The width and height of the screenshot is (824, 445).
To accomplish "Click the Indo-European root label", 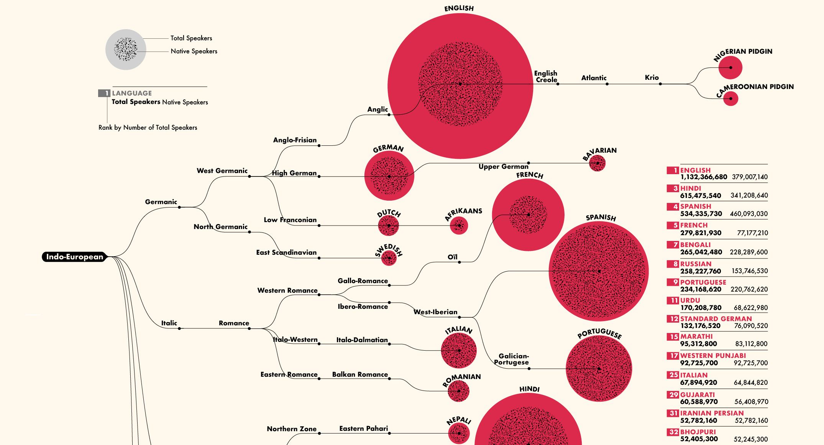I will coord(75,257).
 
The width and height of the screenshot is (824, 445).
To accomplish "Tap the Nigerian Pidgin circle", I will coord(730,68).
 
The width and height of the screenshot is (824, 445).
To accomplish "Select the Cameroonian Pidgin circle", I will coord(730,99).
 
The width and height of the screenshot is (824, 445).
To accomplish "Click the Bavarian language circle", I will coord(597,163).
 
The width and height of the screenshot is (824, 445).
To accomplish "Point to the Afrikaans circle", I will coord(459,226).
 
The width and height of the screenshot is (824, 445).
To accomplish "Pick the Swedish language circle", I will coord(389,258).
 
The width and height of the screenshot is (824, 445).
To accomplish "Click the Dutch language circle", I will coord(388,226).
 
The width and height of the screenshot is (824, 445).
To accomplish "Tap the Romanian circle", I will coord(458,391).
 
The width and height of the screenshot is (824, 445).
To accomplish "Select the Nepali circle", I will coord(459,433).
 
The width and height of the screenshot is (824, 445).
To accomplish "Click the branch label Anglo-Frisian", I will coord(295,140).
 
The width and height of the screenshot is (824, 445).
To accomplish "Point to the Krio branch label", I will coord(652,77).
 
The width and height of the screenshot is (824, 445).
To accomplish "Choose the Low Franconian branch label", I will coord(290,220).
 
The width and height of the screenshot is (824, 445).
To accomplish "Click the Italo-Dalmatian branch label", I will coord(362,340).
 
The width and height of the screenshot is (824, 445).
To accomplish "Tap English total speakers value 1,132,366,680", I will coord(704,177).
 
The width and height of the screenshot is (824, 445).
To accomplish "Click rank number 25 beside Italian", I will coord(673,375).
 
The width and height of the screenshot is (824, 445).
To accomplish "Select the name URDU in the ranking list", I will coord(690,300).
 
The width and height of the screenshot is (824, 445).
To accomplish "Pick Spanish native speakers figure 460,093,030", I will coord(748,214).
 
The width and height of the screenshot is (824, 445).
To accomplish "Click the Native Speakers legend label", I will coord(194,51).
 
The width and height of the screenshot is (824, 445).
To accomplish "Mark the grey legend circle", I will coord(126,49).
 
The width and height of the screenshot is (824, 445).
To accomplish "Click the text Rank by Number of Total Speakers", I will coord(148,127).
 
